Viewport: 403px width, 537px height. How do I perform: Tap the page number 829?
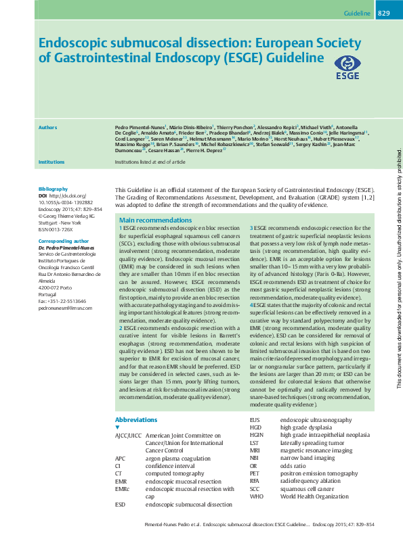pyautogui.click(x=383, y=14)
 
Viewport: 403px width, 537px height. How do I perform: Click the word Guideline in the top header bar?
pyautogui.click(x=357, y=14)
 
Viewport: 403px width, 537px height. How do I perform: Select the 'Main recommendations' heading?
pyautogui.click(x=155, y=220)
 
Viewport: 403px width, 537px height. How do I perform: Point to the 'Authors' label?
pyautogui.click(x=47, y=127)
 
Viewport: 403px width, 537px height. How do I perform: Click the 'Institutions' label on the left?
pyautogui.click(x=51, y=162)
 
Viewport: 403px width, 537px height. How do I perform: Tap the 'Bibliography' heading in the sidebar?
pyautogui.click(x=53, y=189)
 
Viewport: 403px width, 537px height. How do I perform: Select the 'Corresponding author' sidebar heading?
pyautogui.click(x=64, y=241)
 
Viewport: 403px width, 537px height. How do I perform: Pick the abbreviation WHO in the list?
pyautogui.click(x=256, y=496)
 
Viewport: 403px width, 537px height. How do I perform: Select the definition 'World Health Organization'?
pyautogui.click(x=314, y=496)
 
